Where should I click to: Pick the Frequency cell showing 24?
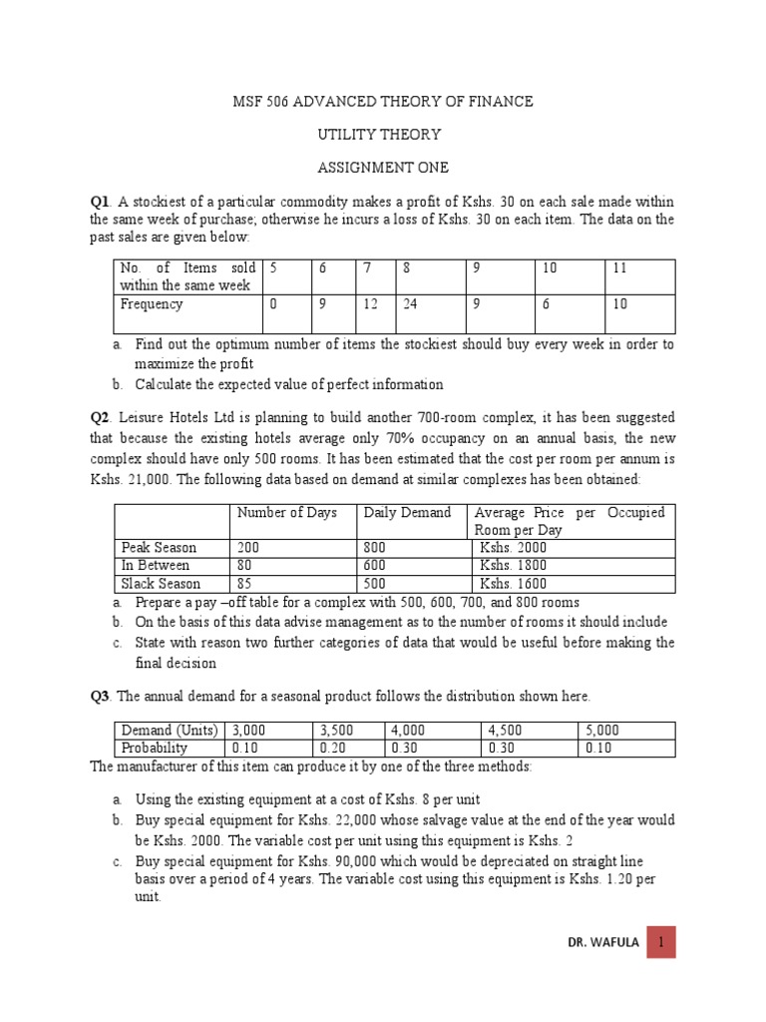[410, 304]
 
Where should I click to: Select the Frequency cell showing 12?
[370, 304]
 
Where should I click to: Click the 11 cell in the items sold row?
[620, 267]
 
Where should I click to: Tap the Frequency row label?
[152, 304]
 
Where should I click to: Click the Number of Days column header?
[281, 513]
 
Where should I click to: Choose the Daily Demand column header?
[407, 513]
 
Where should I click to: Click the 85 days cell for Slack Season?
[244, 584]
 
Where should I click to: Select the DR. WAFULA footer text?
[597, 941]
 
